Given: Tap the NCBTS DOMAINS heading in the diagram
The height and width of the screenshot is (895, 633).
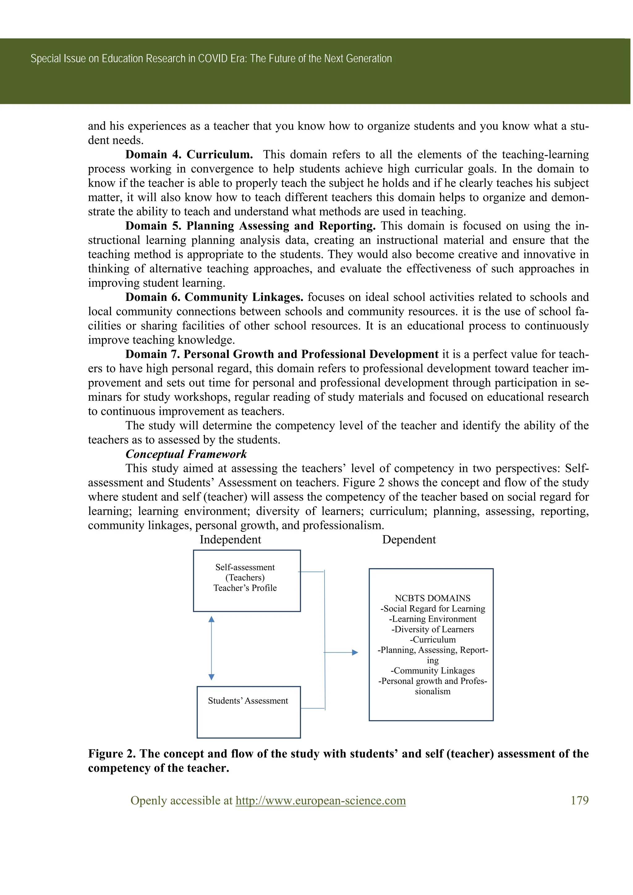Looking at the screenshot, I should click(432, 598).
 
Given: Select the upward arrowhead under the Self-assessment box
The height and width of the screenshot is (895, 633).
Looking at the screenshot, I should click(211, 619).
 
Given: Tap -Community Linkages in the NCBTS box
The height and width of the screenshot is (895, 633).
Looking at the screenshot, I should click(432, 670).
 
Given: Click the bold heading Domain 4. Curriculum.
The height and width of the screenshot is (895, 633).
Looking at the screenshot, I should click(189, 154).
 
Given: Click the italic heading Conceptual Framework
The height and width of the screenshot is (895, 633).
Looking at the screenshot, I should click(186, 454).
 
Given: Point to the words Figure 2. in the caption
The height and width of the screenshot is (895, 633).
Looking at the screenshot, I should click(112, 754).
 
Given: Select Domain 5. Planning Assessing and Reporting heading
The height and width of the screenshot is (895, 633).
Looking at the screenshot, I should click(250, 226).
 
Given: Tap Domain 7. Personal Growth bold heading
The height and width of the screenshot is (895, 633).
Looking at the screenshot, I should click(282, 354).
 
